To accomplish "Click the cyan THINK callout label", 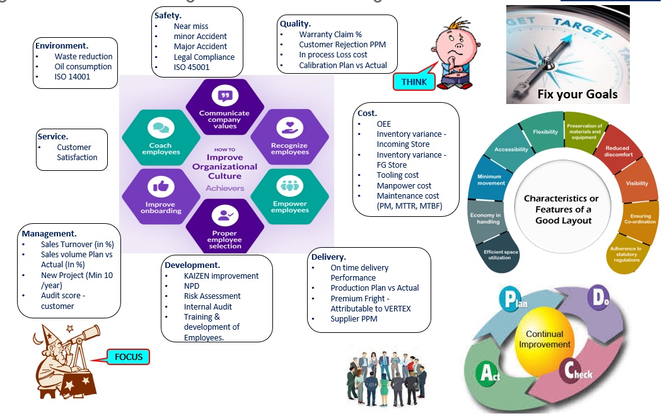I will (x=414, y=81).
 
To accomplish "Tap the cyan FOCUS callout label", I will (x=129, y=357).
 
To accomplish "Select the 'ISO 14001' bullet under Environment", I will (x=73, y=77).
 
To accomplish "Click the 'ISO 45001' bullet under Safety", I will (x=194, y=67).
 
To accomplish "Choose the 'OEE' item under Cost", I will (x=385, y=124).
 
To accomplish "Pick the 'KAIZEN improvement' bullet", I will (x=221, y=276).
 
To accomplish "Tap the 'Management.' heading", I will (x=49, y=233).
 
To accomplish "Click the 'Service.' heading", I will (x=52, y=136).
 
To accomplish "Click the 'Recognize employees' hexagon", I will (x=289, y=138).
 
